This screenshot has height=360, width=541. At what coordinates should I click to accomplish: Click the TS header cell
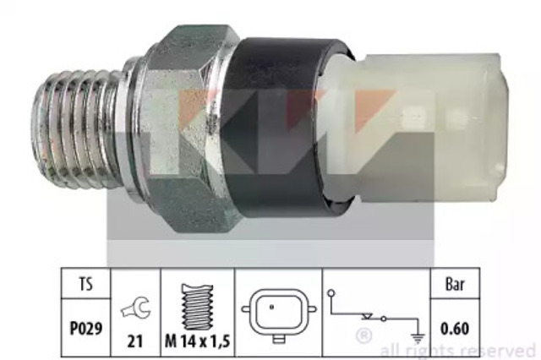point(86,283)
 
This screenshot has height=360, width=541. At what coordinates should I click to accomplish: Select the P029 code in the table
point(86,328)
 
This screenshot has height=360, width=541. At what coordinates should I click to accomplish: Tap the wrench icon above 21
point(135,308)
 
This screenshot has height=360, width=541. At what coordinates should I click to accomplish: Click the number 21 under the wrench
point(135,341)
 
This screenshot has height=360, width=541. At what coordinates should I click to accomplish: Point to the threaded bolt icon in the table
point(197,307)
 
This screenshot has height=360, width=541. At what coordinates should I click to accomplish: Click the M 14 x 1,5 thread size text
point(197,341)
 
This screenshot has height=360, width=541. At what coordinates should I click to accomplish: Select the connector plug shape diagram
point(279,314)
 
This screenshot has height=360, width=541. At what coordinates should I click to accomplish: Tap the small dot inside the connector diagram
point(271,307)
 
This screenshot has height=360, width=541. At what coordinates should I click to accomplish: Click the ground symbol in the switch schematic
point(418,339)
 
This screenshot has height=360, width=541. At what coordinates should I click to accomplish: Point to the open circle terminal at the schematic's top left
point(331,293)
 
